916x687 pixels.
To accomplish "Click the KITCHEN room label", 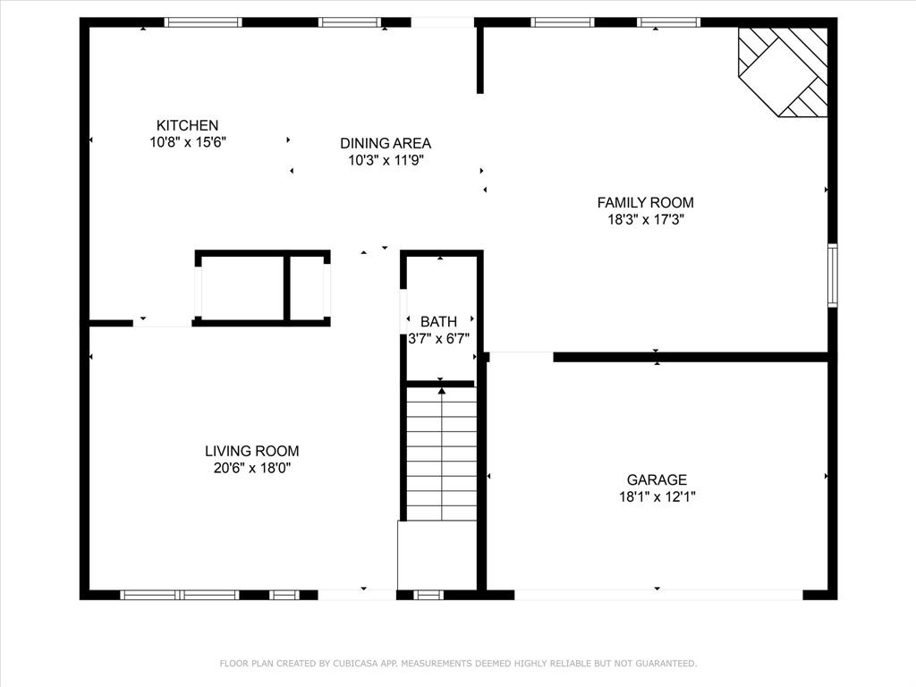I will click(x=187, y=125).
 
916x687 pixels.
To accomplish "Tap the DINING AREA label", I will click(x=386, y=143).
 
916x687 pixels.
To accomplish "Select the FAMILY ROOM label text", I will click(x=645, y=203).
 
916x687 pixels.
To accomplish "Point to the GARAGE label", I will click(x=657, y=480).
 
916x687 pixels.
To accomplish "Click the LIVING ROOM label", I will click(x=251, y=452).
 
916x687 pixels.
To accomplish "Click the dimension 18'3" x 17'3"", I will click(x=645, y=218).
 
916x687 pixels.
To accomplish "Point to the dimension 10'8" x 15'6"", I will click(x=188, y=141).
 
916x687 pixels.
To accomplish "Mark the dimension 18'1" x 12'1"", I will click(x=657, y=496).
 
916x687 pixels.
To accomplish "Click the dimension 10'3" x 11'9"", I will click(x=386, y=160).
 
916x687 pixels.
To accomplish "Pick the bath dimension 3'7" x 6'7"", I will click(x=438, y=339).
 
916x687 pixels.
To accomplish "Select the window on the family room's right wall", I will click(x=832, y=276).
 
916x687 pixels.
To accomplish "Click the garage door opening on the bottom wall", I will click(x=657, y=595).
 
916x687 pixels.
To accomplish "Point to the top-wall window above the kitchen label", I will click(x=203, y=22).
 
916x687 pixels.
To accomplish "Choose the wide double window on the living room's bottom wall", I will click(x=180, y=595).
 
